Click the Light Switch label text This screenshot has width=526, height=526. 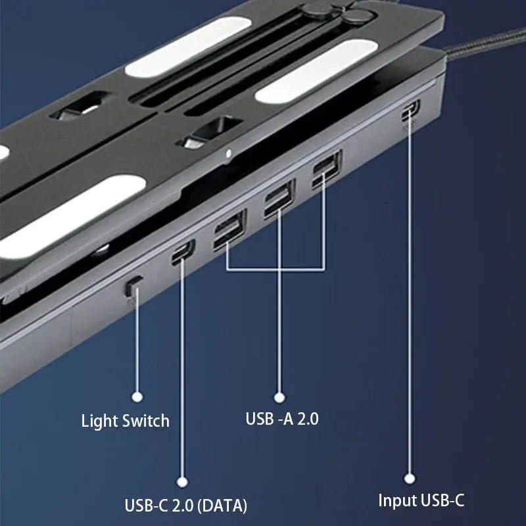pos(125,421)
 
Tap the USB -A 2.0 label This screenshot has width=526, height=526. pos(281,418)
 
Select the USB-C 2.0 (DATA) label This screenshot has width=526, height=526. pos(186,505)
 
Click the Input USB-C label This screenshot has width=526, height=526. pos(421,500)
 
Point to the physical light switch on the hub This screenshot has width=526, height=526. pos(134,285)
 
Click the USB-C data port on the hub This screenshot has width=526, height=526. pos(183,251)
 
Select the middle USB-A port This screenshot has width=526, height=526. pos(279,199)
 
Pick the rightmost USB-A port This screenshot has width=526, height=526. pos(327,170)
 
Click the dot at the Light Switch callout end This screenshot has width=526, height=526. pos(137,396)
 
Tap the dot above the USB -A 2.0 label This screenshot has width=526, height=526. pos(279,396)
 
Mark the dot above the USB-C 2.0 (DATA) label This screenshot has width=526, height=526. pos(183,483)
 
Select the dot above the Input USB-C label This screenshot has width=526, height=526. pos(410,479)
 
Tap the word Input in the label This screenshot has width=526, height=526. pos(396,500)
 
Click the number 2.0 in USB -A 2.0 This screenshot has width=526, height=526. pos(306,418)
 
